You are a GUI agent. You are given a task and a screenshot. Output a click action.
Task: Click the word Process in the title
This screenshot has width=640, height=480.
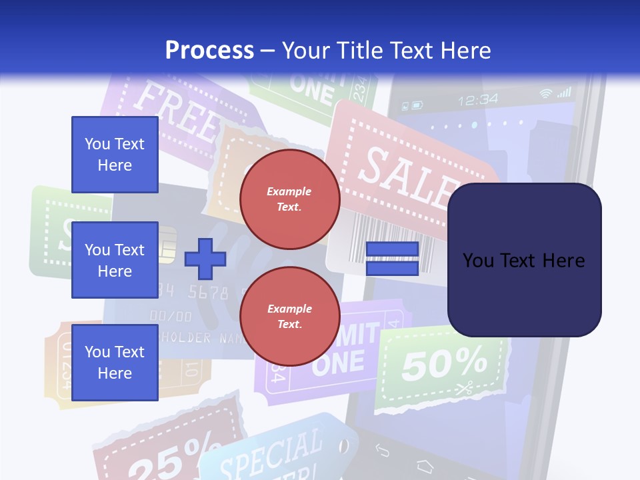(209, 50)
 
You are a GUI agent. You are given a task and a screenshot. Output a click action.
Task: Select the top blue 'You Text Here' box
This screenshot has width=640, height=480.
(115, 155)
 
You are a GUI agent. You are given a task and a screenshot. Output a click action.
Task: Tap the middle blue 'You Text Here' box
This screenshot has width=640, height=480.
(115, 260)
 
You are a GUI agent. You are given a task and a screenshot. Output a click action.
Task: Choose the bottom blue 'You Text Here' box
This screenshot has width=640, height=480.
(115, 362)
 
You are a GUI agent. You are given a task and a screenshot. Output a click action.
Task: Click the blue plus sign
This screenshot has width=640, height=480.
(205, 259)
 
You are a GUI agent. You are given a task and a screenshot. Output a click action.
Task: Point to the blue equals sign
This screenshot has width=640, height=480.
(392, 259)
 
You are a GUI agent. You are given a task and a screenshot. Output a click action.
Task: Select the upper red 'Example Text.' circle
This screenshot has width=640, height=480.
(289, 199)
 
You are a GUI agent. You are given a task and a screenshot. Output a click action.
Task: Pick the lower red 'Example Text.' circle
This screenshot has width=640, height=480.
(289, 316)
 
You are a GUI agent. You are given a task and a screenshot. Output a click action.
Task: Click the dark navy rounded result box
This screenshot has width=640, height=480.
(524, 260)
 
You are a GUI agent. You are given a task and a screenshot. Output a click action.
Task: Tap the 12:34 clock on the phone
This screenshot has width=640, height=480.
(478, 100)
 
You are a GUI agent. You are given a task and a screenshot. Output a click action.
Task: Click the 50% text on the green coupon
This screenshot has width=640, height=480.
(444, 364)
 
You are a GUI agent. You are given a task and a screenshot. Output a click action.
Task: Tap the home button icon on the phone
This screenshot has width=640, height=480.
(425, 464)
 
